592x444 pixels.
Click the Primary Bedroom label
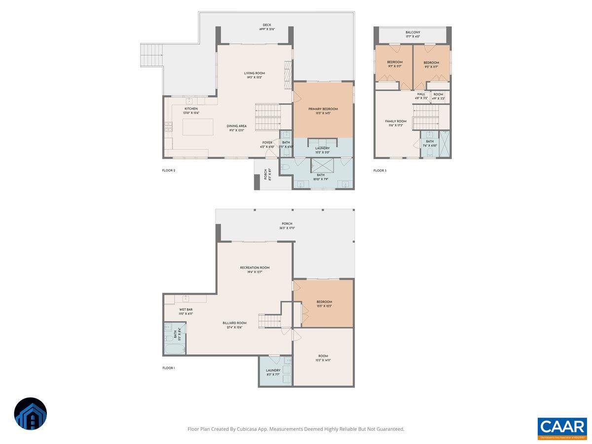[x=323, y=111]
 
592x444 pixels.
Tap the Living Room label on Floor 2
[x=255, y=75]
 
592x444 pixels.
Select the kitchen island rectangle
[x=198, y=127]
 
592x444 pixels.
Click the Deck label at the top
[x=267, y=27]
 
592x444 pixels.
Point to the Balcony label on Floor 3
[x=412, y=34]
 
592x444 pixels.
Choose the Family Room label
[x=396, y=123]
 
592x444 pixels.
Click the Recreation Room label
[x=255, y=269]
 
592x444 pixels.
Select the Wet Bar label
[x=185, y=311]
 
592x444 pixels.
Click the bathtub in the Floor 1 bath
[x=175, y=349]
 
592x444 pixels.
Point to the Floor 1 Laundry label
[x=273, y=372]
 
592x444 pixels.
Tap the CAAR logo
[x=562, y=427]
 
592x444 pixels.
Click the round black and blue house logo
[x=31, y=413]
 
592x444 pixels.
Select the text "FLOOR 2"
[x=169, y=171]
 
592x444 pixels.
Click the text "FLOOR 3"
[x=380, y=171]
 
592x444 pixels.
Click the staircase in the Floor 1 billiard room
[x=270, y=321]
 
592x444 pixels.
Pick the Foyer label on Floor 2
[x=267, y=145]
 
